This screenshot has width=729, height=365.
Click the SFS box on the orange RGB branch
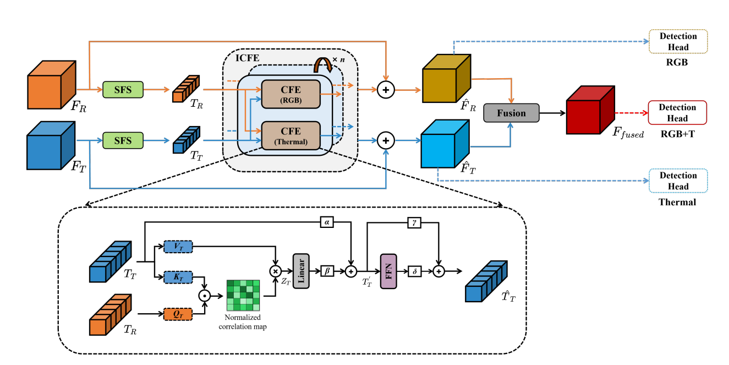pos(123,90)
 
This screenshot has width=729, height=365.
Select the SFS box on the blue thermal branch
pos(123,140)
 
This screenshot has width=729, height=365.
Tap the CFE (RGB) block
pos(290,94)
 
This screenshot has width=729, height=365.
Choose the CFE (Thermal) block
pos(290,135)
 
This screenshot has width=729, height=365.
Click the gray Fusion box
pos(511,113)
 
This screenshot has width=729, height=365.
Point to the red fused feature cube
pos(590,110)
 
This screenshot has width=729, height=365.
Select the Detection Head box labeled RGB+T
pos(677,113)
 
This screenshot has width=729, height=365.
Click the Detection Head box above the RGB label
pos(678,41)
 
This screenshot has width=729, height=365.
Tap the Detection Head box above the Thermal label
pos(678,181)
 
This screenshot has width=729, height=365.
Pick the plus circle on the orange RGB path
pos(386,90)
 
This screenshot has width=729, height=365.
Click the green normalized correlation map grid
pos(243,295)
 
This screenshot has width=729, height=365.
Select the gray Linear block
pos(301,271)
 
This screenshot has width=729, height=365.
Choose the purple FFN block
pos(388,271)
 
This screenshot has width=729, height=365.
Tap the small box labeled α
pos(327,222)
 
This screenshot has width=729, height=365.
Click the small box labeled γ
pos(414,222)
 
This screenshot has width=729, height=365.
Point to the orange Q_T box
pos(178,314)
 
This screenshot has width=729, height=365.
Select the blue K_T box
pos(178,277)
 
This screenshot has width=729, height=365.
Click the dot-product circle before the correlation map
pos(205,296)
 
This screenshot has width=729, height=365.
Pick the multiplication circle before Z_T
pos(275,271)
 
